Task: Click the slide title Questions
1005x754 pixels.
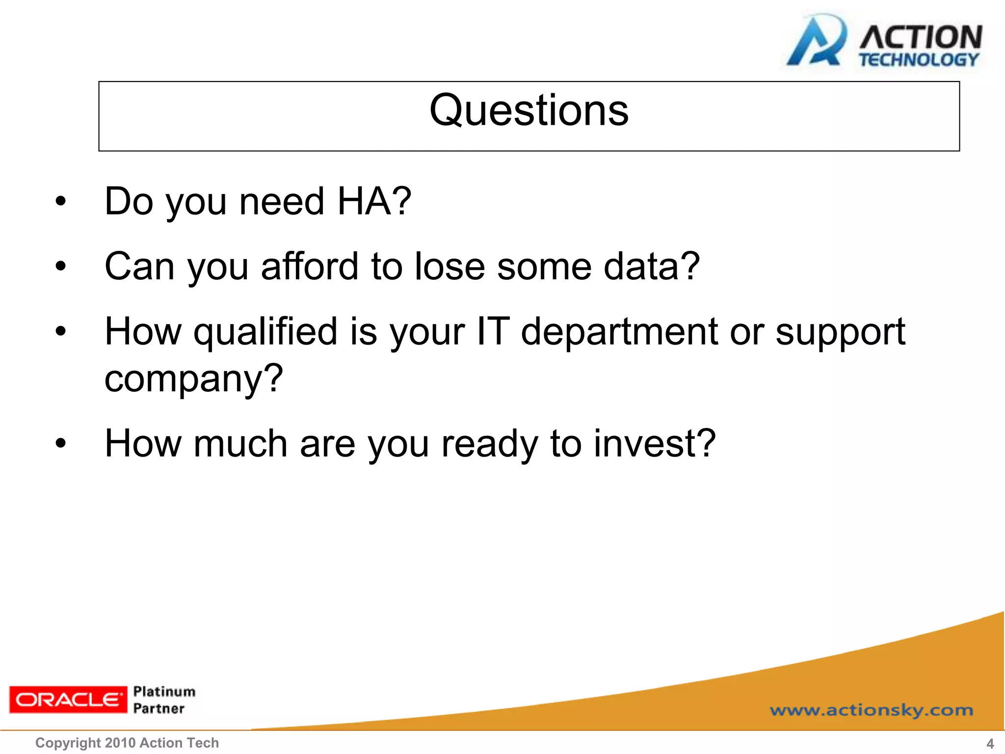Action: click(529, 111)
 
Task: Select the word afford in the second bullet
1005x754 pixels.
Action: click(310, 267)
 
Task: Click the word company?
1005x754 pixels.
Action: click(194, 379)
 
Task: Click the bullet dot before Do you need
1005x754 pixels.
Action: click(60, 201)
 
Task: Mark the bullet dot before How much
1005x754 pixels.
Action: click(60, 444)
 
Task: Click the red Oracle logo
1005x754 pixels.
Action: click(68, 700)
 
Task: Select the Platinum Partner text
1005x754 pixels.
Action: click(163, 700)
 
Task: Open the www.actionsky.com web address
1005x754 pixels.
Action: click(871, 710)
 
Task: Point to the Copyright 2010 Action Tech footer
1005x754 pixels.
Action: click(127, 743)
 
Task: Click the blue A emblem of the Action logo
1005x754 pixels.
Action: click(816, 42)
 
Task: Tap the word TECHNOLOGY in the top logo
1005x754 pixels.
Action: click(919, 60)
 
